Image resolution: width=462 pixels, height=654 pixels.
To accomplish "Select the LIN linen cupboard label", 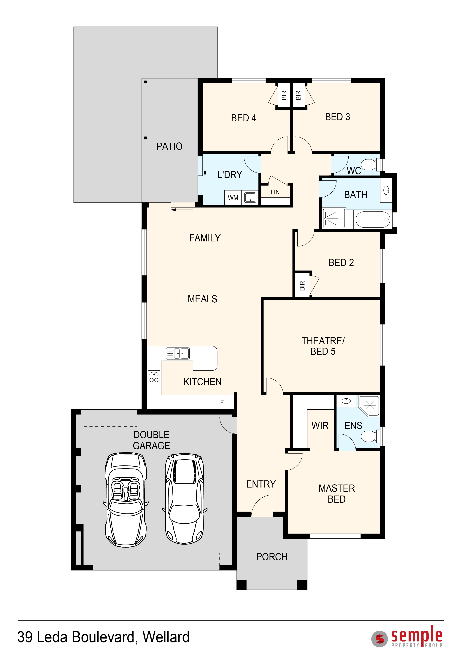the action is click(x=275, y=192).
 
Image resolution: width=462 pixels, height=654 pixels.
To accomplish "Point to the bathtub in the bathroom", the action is click(x=373, y=219).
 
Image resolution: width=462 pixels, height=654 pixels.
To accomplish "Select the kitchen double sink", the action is click(x=178, y=353).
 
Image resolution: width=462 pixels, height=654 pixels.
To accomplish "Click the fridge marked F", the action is click(x=222, y=402).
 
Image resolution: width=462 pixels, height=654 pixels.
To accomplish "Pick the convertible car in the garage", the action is click(x=126, y=500).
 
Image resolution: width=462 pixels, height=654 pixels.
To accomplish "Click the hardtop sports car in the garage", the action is click(x=185, y=499).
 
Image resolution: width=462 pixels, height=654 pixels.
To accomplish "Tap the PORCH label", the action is click(x=272, y=557).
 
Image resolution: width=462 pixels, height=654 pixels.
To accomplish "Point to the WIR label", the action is click(x=320, y=426).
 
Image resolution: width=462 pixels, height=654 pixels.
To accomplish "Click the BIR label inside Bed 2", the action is click(x=302, y=286).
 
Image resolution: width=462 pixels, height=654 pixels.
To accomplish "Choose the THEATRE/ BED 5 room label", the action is click(x=323, y=346).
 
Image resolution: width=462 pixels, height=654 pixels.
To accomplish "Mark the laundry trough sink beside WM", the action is click(x=250, y=197).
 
